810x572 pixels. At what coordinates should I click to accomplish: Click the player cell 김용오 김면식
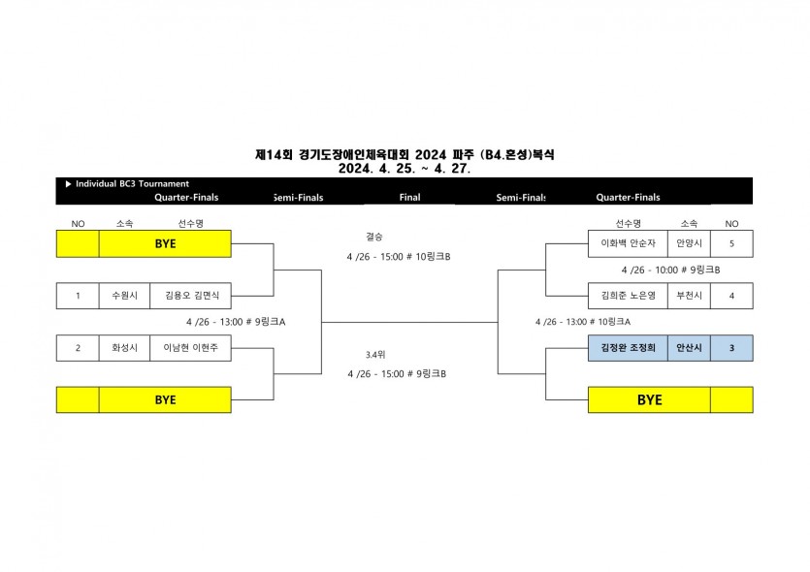tap(190, 295)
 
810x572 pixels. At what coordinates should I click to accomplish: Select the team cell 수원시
tap(124, 295)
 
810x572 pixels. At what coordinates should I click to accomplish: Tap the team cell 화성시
tap(124, 348)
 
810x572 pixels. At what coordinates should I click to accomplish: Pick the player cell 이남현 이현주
tap(190, 348)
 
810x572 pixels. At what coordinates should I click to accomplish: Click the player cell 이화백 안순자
tap(628, 244)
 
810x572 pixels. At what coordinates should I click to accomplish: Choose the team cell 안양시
tap(690, 244)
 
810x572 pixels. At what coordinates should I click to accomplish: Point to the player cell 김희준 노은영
tap(628, 295)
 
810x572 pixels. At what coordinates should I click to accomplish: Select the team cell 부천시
tap(690, 295)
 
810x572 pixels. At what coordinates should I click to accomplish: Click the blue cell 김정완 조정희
tap(628, 348)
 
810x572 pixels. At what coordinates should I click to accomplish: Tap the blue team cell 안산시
tap(690, 348)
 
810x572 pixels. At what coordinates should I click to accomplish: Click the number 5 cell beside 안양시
tap(731, 244)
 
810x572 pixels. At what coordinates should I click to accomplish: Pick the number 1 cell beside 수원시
tap(78, 295)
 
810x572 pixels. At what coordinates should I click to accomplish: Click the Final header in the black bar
tap(409, 197)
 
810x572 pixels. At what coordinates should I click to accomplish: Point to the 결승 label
tap(374, 236)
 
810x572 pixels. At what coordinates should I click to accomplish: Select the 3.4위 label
tap(374, 354)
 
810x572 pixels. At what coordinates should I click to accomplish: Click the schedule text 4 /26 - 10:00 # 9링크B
tap(670, 270)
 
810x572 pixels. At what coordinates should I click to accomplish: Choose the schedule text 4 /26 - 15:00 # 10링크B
tap(399, 256)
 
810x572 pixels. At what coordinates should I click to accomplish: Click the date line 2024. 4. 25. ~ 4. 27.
tap(405, 167)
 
